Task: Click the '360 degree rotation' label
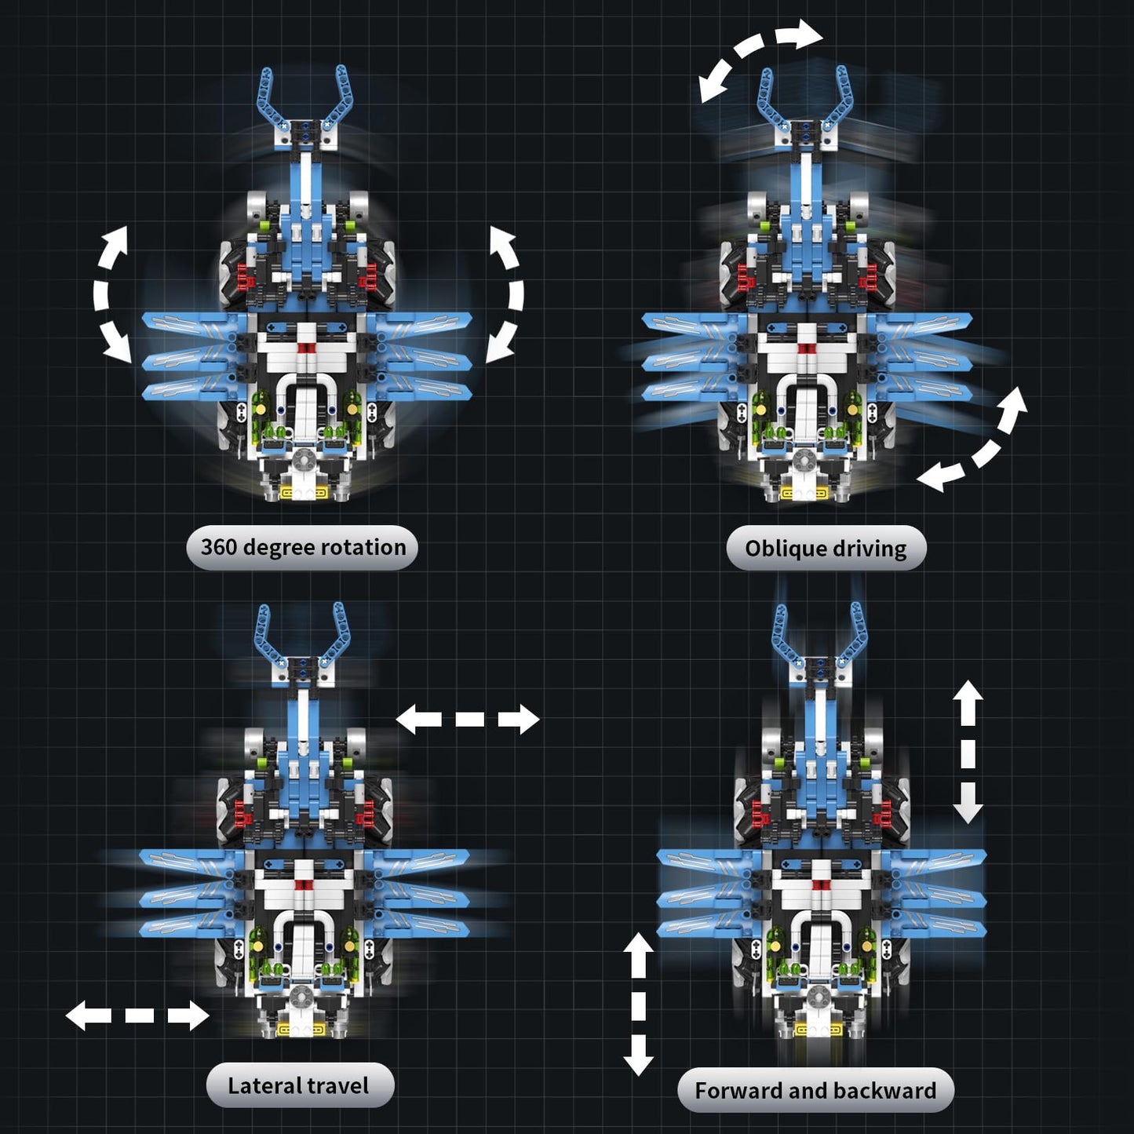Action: coord(302,547)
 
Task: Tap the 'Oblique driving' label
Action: coord(826,548)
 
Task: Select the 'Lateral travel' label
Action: coord(299,1085)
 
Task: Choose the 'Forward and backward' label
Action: coord(815,1090)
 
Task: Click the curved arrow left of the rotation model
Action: coord(109,294)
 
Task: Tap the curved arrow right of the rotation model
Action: coord(506,294)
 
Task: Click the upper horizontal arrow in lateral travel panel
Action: coord(468,718)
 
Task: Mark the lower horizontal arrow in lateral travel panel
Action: coord(137,1015)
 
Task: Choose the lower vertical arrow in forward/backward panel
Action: coord(638,1004)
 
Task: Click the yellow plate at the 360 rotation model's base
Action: coord(303,494)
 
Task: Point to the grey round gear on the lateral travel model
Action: coord(299,997)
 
